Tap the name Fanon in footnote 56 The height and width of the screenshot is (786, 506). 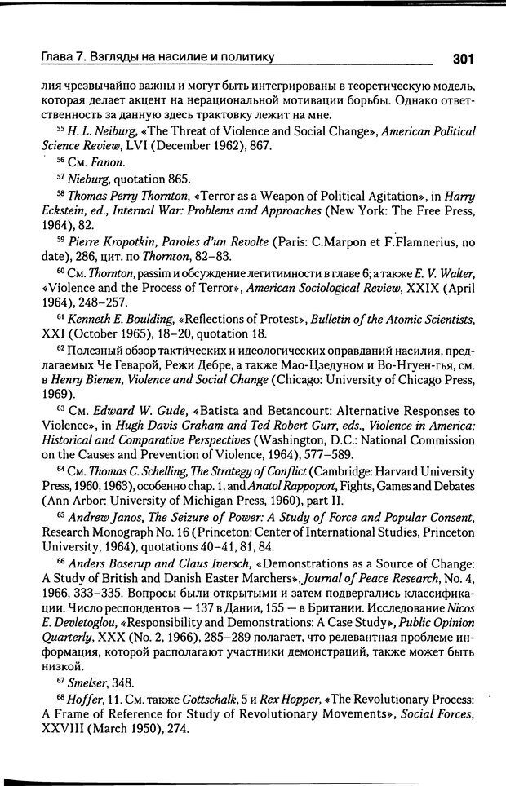(x=104, y=162)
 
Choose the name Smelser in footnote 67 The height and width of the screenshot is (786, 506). (x=91, y=683)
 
